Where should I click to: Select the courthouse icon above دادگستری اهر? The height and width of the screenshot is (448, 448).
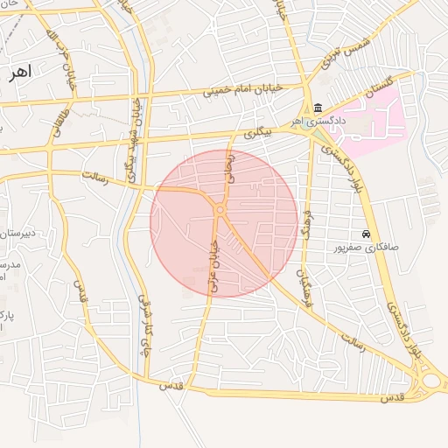point(316,108)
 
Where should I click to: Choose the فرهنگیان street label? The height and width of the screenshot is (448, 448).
point(304,291)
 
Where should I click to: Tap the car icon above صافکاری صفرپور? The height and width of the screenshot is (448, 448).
point(366,234)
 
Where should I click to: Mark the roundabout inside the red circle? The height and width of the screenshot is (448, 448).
point(220,210)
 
